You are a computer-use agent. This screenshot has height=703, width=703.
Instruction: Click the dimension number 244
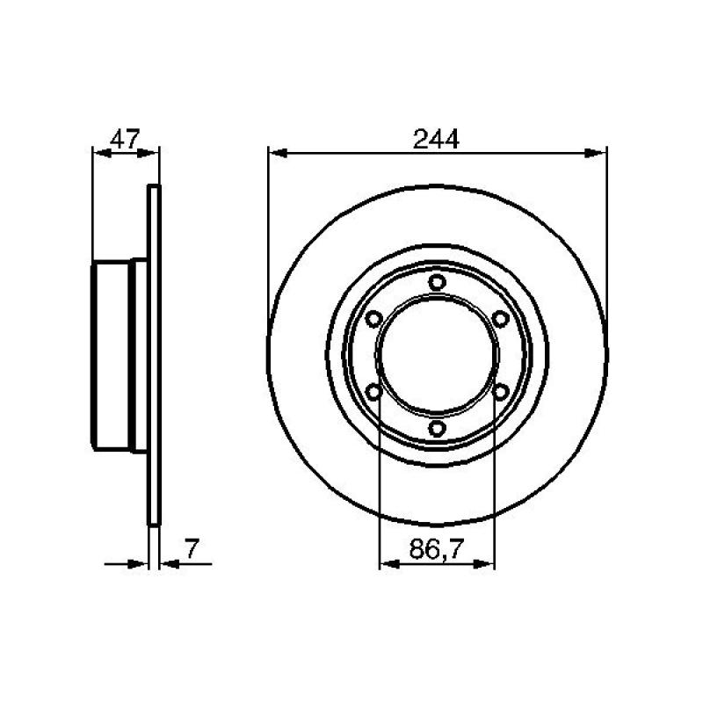(x=436, y=139)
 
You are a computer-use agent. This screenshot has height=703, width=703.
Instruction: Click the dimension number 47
(x=125, y=139)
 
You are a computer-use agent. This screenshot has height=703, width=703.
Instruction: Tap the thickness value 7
(x=192, y=548)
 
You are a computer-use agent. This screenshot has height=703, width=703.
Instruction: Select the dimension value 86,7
(x=435, y=548)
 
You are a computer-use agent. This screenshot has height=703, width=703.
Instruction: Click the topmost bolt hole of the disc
(x=437, y=282)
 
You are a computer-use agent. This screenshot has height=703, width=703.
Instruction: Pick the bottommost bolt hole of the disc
(x=437, y=428)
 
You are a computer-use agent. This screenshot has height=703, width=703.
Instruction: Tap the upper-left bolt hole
(x=373, y=319)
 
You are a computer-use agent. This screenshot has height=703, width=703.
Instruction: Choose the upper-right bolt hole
(x=500, y=319)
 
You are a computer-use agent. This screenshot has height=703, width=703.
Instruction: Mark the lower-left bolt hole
(x=373, y=392)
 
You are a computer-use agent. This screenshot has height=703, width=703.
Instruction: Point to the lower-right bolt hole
(x=500, y=392)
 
